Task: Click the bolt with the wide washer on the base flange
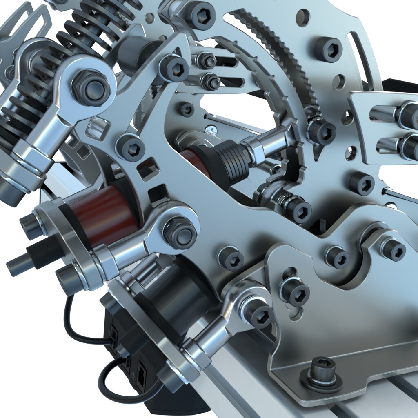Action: pos(321,373)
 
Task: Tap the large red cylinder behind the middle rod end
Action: pos(108,215)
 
